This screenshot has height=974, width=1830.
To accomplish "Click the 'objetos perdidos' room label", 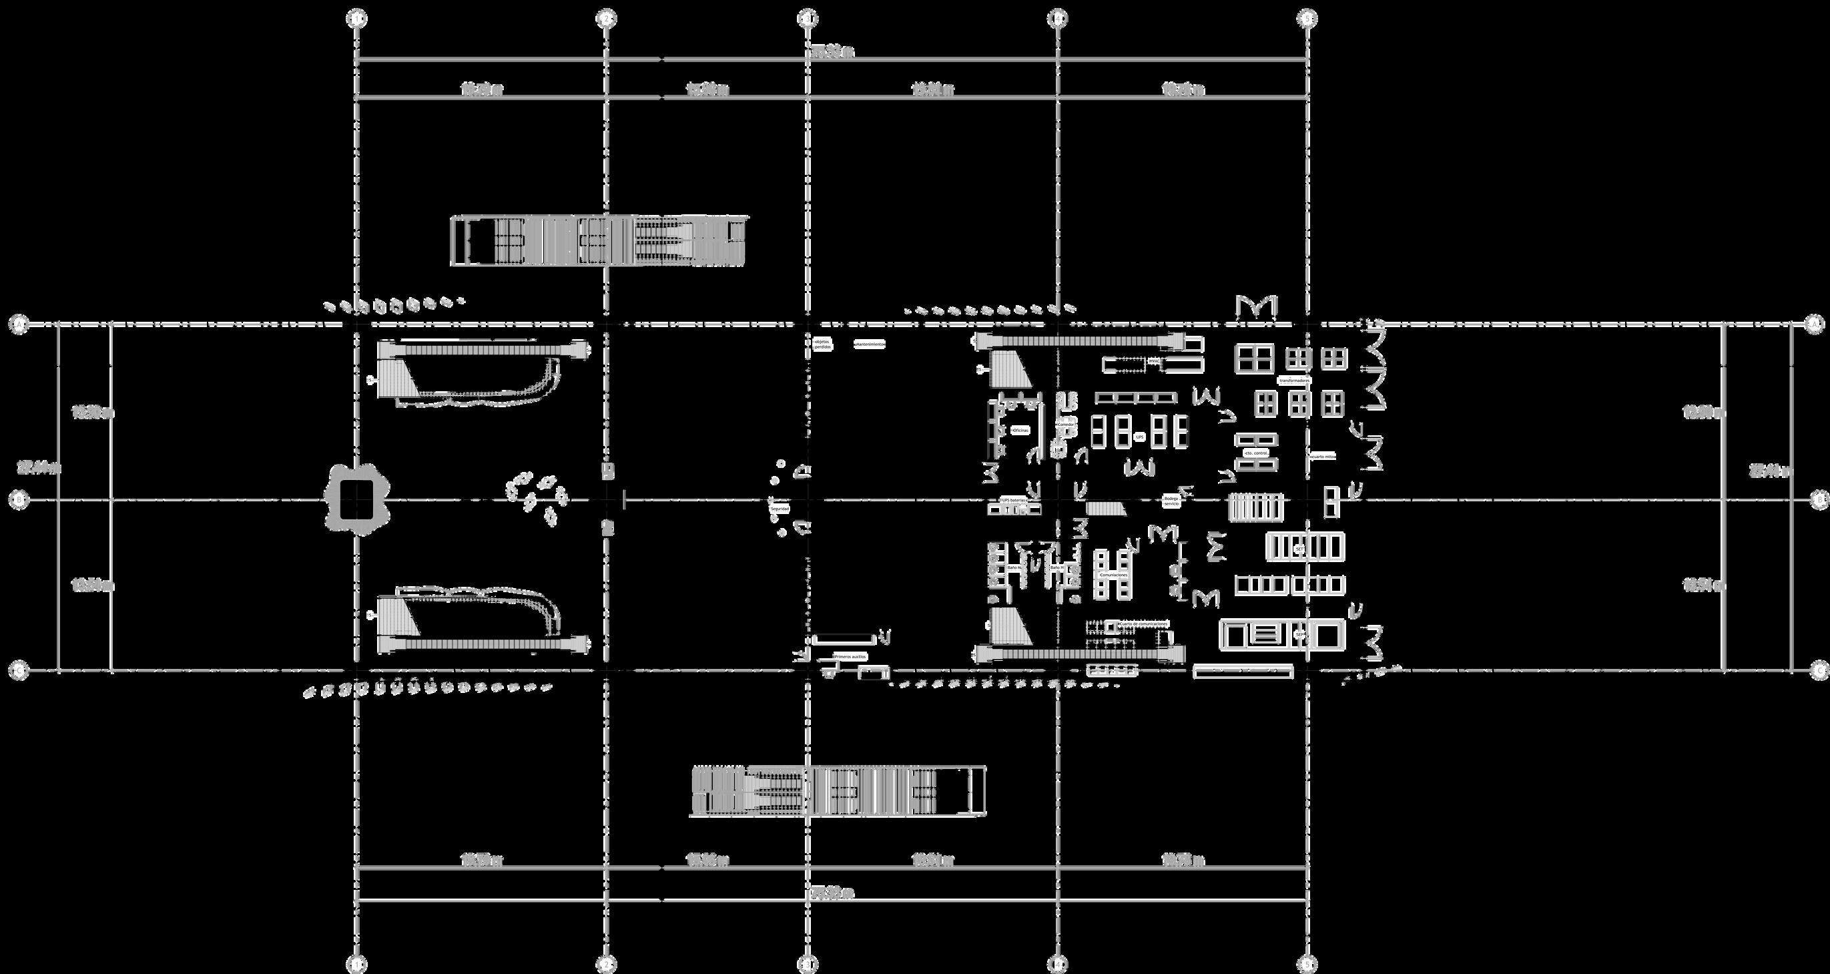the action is tap(822, 344).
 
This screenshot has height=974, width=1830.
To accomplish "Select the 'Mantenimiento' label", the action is tap(870, 344).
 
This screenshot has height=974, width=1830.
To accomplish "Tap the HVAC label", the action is tap(1153, 361).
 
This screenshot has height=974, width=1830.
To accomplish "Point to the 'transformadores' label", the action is tap(1294, 381).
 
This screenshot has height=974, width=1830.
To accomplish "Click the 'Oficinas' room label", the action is tap(1020, 431).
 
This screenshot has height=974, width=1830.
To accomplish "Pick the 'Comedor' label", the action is tap(1066, 424).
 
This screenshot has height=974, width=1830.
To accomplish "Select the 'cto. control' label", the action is tap(1257, 453).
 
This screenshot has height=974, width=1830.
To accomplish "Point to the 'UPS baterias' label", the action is tap(1014, 500).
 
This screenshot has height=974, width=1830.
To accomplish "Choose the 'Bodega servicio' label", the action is tap(1171, 501).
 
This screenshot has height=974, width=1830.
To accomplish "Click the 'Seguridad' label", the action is tap(780, 509).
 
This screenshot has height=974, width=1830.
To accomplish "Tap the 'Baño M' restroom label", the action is tap(1014, 568).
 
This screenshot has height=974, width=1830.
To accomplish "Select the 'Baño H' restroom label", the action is tap(1056, 568).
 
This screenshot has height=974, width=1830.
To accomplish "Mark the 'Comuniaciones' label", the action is tap(1114, 574).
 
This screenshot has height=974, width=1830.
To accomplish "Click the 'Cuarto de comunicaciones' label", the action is tap(1143, 623).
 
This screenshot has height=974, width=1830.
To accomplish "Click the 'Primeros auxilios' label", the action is tap(850, 656).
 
